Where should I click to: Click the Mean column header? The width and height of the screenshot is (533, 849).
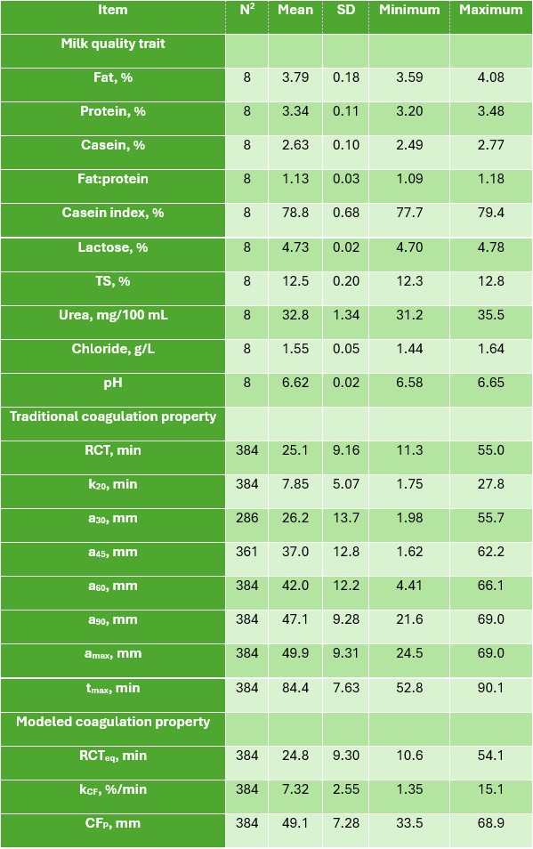click(x=295, y=10)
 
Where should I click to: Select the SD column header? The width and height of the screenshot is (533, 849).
click(x=346, y=10)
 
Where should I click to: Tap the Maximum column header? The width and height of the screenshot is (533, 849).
click(x=491, y=10)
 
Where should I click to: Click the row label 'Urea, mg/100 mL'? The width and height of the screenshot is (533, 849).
click(x=113, y=315)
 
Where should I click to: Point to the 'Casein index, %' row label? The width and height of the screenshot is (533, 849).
click(x=112, y=213)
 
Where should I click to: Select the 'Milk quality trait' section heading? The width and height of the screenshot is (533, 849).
click(x=112, y=44)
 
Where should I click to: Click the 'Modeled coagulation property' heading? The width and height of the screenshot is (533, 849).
click(x=112, y=722)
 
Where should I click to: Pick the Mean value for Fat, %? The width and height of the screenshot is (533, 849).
click(x=295, y=77)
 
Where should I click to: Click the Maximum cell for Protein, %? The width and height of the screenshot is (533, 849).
click(x=491, y=111)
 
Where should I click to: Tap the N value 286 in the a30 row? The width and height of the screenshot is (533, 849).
click(x=246, y=518)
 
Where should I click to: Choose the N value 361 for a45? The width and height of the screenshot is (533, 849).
click(x=246, y=552)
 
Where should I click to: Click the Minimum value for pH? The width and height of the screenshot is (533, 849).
click(x=409, y=383)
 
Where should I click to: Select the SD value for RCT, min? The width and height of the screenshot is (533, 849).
click(x=346, y=450)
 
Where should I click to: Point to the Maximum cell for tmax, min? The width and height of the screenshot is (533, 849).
click(x=491, y=688)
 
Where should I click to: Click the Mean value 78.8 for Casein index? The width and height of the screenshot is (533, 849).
click(x=295, y=213)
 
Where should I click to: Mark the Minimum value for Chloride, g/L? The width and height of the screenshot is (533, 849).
click(x=409, y=349)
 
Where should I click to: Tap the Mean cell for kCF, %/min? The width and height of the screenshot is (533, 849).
click(x=295, y=789)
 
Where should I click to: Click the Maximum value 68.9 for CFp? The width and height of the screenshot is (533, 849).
click(x=491, y=823)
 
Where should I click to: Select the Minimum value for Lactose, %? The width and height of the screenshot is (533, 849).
click(x=409, y=247)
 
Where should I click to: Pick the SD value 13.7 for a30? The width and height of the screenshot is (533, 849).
click(x=346, y=518)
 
